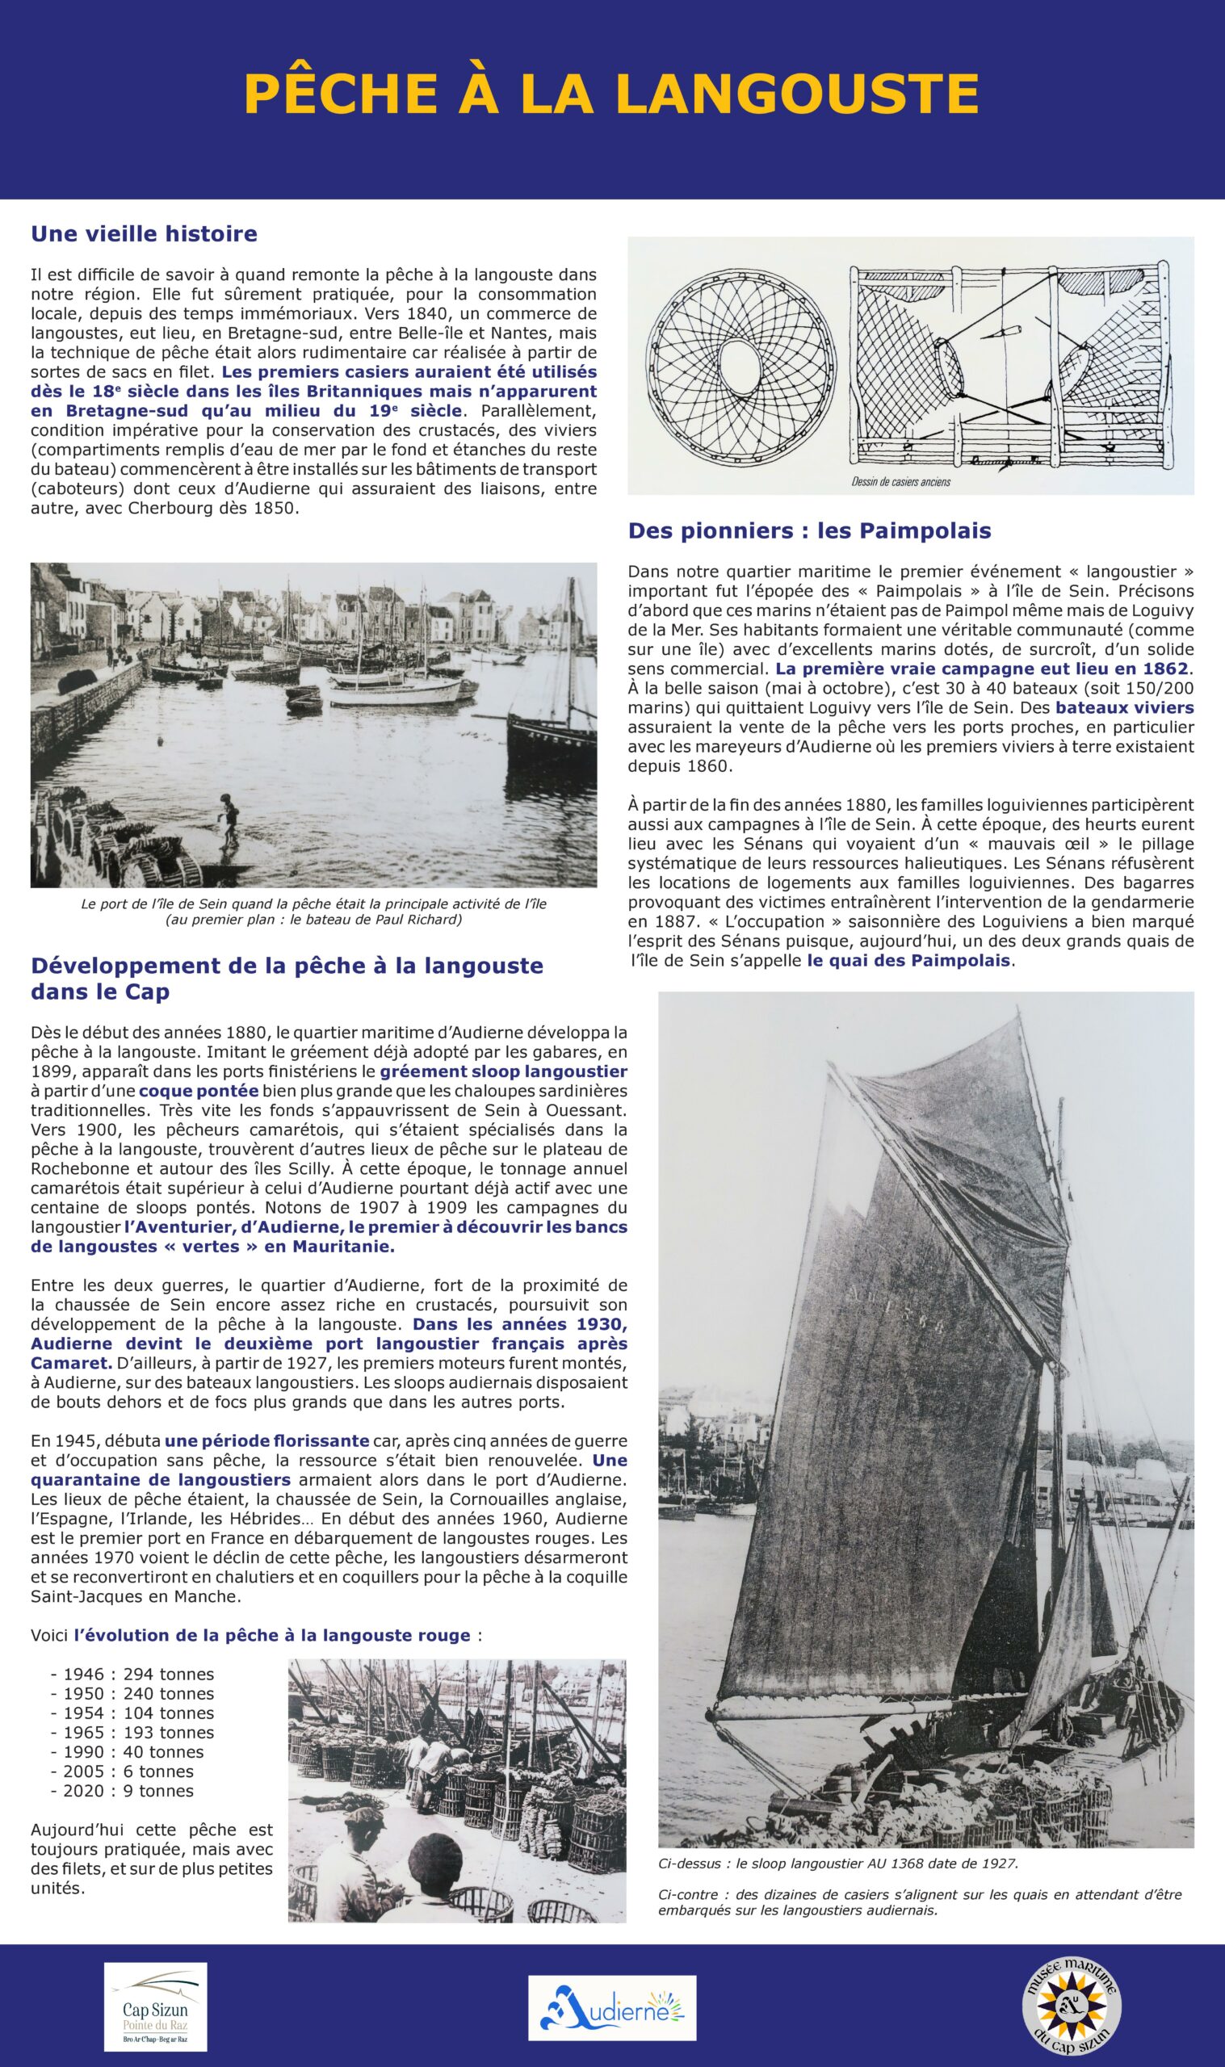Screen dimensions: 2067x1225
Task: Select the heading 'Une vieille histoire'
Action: tap(144, 234)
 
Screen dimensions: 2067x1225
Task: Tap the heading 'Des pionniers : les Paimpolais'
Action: tap(809, 530)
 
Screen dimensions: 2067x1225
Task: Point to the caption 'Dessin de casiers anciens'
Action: tap(900, 482)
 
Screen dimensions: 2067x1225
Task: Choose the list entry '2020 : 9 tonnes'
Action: tap(122, 1791)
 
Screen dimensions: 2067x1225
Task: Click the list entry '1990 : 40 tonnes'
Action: tap(127, 1752)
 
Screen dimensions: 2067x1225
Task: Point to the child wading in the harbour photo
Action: tap(230, 819)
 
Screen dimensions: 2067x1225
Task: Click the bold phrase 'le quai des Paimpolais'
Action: tap(908, 961)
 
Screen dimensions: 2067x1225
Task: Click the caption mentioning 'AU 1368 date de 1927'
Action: tap(838, 1864)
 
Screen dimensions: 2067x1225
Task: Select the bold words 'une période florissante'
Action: tap(266, 1440)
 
